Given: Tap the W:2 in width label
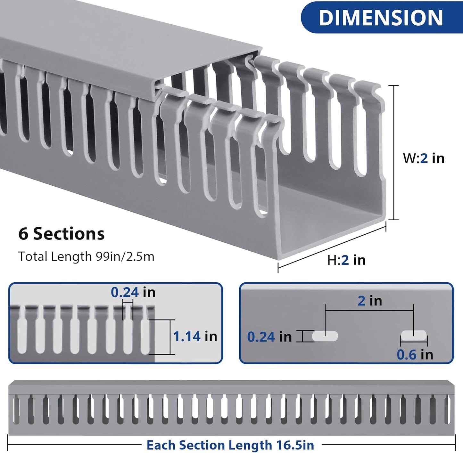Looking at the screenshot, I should click(424, 158).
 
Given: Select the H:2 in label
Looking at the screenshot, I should click(346, 260).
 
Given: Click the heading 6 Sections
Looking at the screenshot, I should click(61, 234).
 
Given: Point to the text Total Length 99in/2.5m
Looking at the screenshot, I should click(86, 256).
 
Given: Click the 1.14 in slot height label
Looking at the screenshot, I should click(195, 336).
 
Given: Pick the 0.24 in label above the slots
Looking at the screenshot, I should click(133, 292).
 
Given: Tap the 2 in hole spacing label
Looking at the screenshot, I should click(370, 301).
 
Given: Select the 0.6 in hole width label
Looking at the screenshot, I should click(415, 354).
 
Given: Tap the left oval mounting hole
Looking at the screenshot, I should click(325, 336).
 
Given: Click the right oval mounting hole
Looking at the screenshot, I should click(414, 336).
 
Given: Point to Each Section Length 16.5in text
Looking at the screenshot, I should click(230, 445).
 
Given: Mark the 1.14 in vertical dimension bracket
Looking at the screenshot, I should click(170, 337).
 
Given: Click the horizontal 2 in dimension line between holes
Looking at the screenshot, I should click(369, 310).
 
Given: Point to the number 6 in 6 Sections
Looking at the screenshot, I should click(23, 234).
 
